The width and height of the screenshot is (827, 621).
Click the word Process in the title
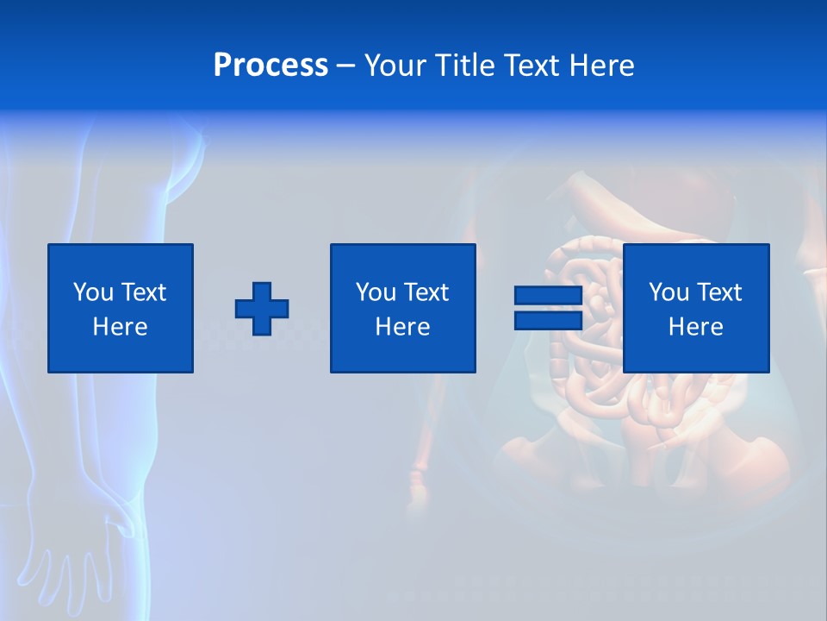coord(270,66)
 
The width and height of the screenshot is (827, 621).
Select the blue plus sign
coord(262,309)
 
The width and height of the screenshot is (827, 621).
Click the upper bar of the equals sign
coord(548,296)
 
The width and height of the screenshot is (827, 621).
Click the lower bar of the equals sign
coord(548,320)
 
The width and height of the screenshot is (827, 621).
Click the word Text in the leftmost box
coord(144,292)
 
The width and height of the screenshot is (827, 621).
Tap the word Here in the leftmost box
coord(121,327)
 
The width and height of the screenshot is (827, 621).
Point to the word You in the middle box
coord(376,292)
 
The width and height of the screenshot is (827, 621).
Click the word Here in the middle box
coord(403,327)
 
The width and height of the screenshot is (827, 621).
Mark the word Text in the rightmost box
coord(719,292)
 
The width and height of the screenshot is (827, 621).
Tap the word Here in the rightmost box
coord(696,327)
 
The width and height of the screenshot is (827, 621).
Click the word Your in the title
coord(393,66)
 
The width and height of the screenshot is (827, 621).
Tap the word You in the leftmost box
coord(93,292)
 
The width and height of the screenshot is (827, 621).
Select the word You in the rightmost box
coord(668,292)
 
